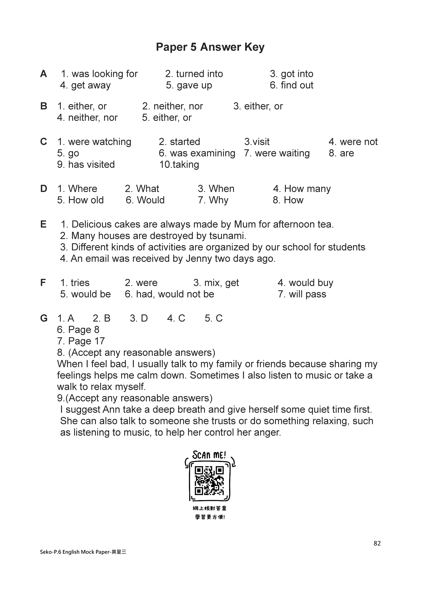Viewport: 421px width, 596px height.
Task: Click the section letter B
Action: tap(44, 106)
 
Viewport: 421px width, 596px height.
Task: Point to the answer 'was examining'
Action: tap(202, 153)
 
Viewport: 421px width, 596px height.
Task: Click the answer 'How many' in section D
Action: tap(307, 189)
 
